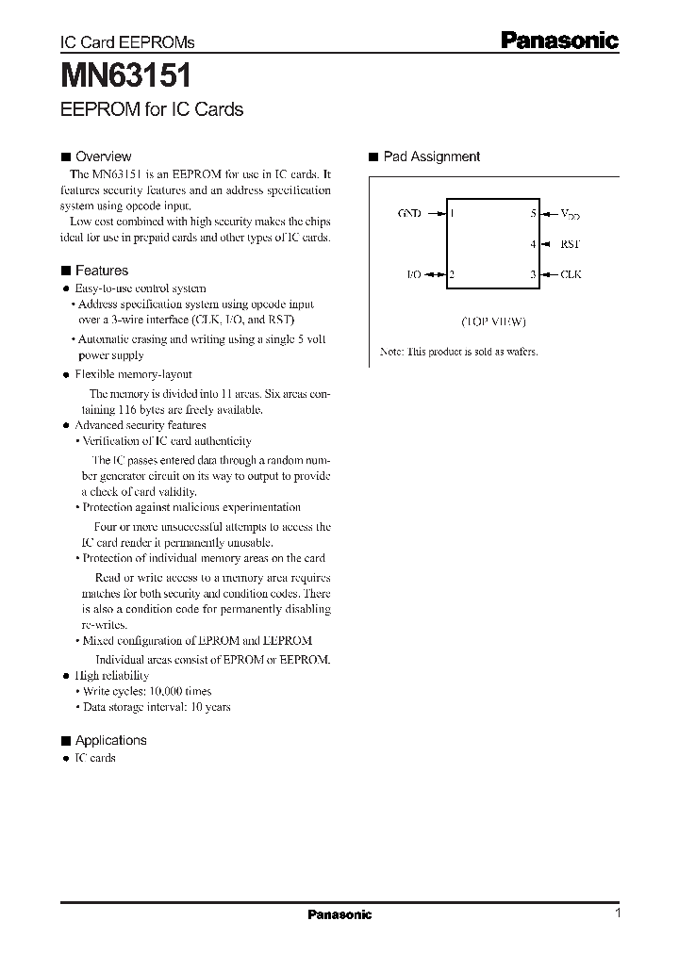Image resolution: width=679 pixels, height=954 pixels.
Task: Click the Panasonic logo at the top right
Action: point(558,40)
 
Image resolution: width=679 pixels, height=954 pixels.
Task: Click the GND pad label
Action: point(410,213)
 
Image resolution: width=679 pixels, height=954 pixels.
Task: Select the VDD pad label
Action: point(571,214)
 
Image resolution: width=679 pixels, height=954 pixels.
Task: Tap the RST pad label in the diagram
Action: point(571,244)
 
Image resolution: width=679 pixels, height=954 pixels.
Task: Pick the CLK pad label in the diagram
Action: point(571,274)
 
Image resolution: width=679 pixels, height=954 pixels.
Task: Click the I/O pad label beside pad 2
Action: point(413,274)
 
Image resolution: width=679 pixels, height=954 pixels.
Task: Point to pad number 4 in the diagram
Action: point(533,244)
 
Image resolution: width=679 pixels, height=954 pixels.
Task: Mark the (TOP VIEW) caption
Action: point(493,321)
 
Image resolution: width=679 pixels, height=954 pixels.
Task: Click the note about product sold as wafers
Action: point(458,352)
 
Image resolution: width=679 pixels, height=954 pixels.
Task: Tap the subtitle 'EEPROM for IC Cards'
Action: point(152,109)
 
